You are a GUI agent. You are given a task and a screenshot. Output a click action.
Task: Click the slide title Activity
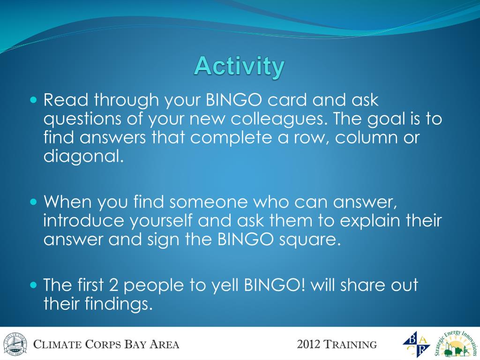click(x=240, y=67)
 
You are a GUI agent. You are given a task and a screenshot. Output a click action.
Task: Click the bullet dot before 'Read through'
click(x=34, y=100)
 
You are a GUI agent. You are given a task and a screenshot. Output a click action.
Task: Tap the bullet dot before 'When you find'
click(x=34, y=202)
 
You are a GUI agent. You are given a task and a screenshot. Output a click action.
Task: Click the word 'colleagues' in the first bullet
click(x=277, y=119)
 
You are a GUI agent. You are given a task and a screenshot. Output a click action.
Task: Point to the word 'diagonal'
click(x=83, y=156)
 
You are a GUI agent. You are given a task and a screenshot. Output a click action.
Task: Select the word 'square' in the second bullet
click(x=309, y=240)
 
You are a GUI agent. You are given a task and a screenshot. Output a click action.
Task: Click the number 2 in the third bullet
click(x=113, y=285)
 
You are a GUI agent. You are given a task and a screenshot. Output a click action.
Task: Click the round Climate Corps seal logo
click(x=15, y=345)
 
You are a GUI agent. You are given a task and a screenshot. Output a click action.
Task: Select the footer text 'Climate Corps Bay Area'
click(x=106, y=345)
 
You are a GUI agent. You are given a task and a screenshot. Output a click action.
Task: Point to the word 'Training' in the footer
click(x=350, y=345)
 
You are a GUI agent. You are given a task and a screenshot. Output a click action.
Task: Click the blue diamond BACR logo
click(x=416, y=344)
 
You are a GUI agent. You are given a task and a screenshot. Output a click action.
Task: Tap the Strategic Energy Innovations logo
click(x=456, y=345)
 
